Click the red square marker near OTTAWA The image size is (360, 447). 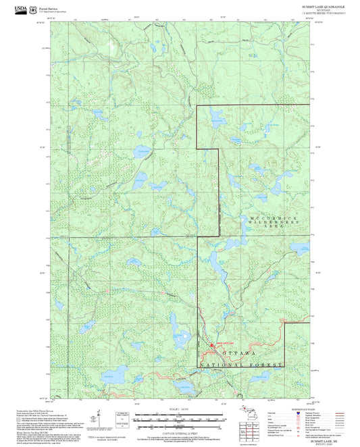(212, 345)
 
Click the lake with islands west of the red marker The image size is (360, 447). (182, 334)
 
